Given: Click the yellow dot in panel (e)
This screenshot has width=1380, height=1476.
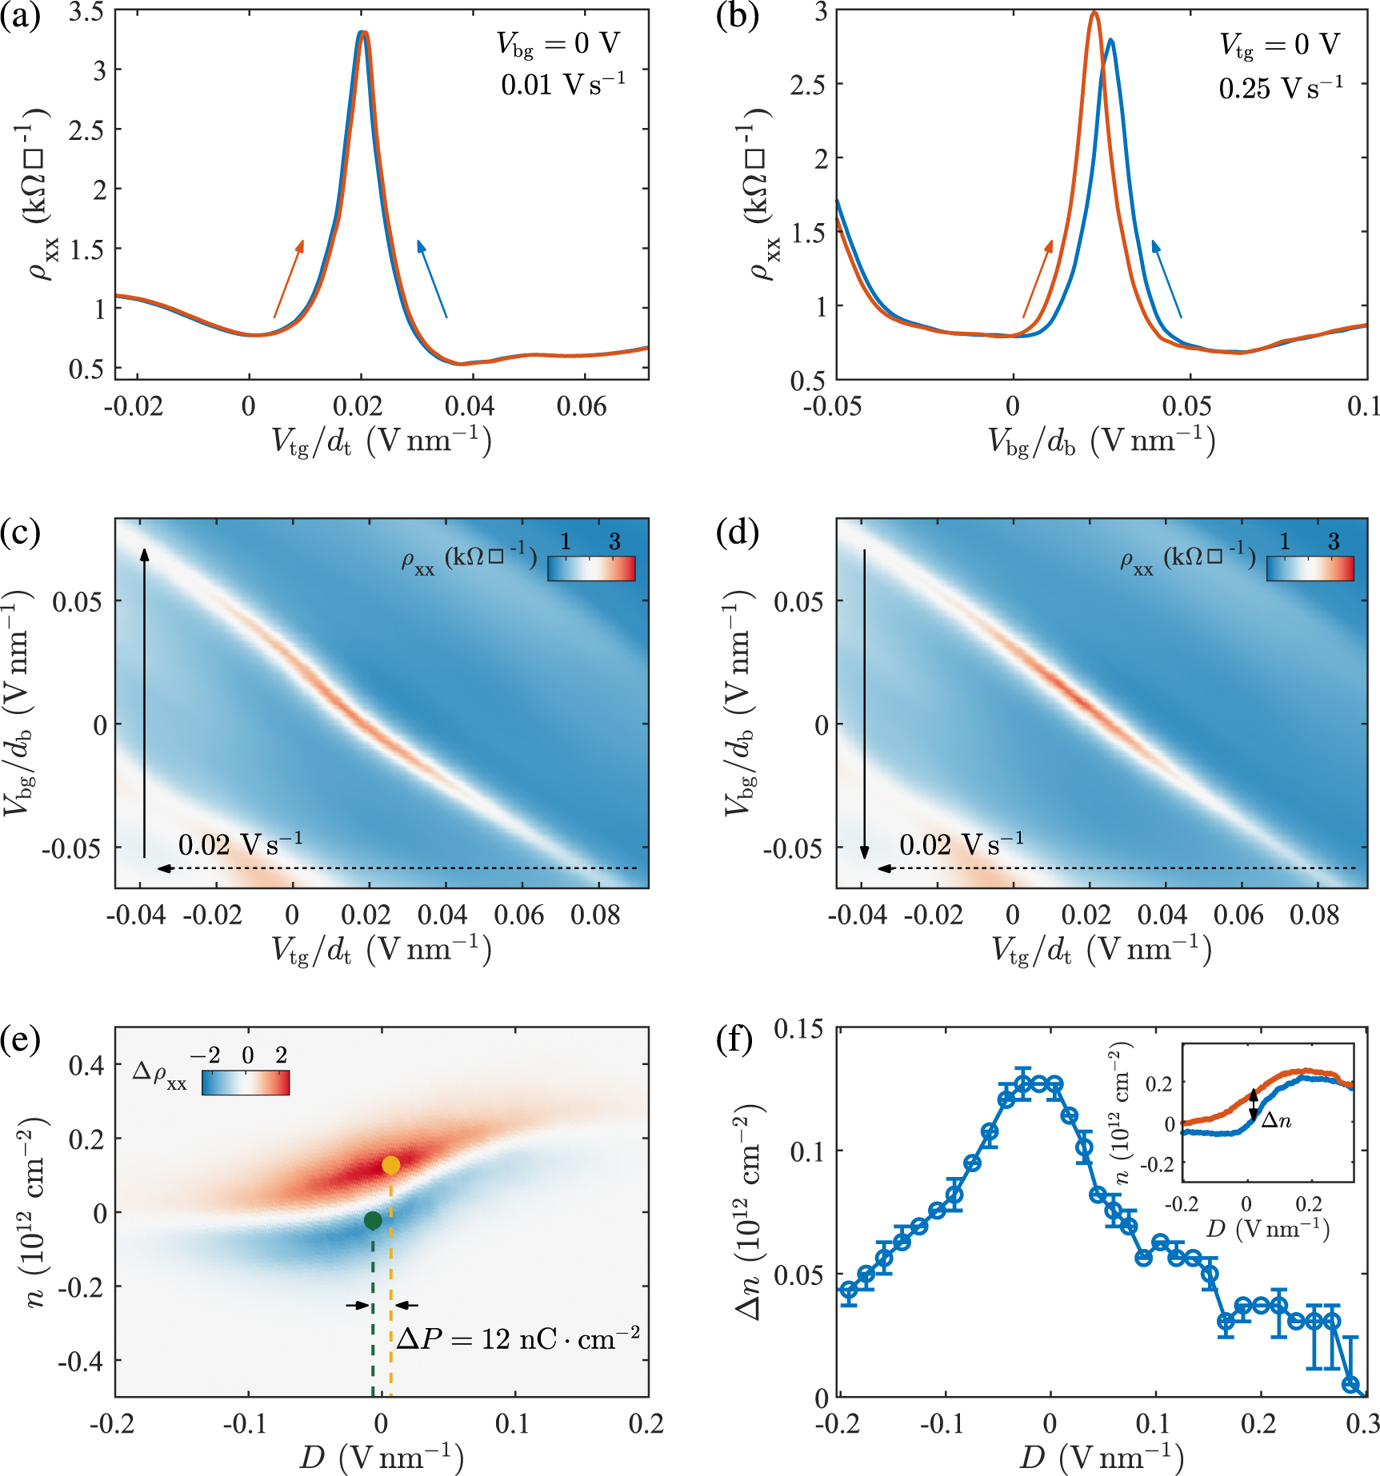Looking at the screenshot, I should point(390,1165).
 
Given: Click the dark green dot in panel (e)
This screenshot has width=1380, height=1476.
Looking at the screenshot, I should point(373,1220).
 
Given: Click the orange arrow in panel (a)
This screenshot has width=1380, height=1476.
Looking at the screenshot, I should point(289,278).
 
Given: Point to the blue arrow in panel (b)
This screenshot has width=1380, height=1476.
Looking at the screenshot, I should point(1166,278).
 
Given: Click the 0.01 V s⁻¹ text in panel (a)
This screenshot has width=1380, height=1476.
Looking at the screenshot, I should point(563,84).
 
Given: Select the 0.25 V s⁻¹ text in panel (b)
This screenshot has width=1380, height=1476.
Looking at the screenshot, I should point(1281,88).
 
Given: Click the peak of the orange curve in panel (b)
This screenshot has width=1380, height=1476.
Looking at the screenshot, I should point(1094,13).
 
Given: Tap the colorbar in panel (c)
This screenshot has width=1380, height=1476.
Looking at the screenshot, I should point(591,568).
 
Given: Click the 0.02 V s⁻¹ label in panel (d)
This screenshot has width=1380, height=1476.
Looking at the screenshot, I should point(961,845).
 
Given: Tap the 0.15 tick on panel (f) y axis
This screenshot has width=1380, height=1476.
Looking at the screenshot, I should point(802,1028).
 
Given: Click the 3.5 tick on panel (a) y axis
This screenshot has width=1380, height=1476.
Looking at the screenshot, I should point(86,13).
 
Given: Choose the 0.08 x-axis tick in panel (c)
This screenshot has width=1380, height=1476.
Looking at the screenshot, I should point(595,916).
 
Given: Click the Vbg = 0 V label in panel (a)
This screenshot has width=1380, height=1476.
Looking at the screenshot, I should point(558,44).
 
